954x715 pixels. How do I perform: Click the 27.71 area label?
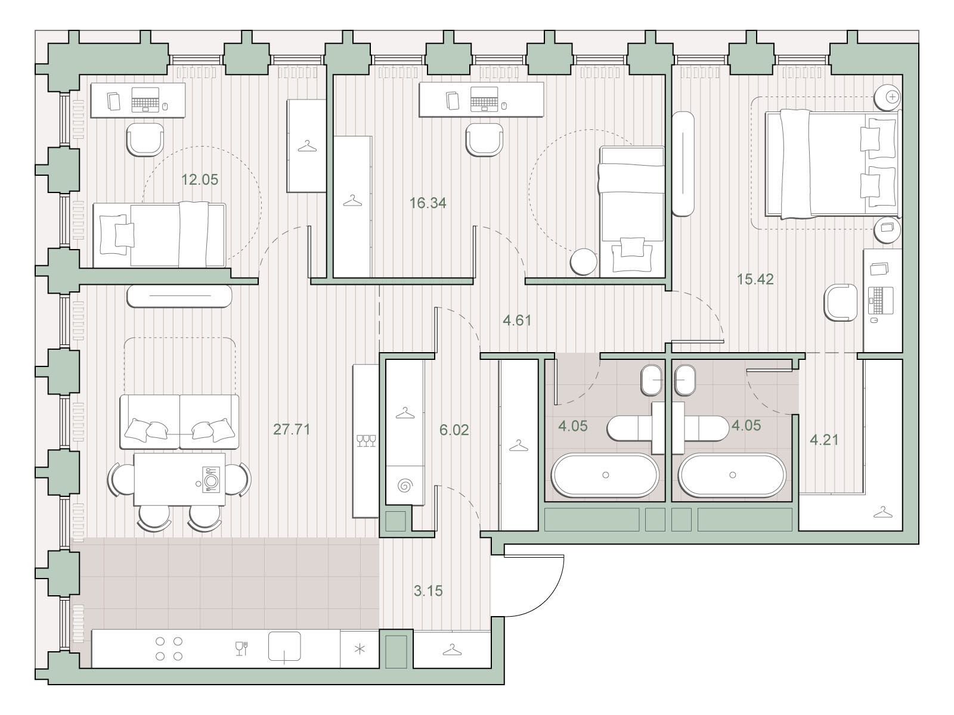[292, 430]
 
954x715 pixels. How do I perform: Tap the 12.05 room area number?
[200, 179]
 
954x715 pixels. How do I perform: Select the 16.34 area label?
[428, 203]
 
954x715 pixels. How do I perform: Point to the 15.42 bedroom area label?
[755, 279]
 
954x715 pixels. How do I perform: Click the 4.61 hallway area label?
[517, 321]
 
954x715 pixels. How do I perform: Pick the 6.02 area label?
[454, 430]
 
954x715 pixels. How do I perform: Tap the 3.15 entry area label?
[428, 591]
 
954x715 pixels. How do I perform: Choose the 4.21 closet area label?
[824, 440]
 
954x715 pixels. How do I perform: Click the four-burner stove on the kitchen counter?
[169, 649]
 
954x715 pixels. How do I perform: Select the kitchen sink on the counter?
[284, 646]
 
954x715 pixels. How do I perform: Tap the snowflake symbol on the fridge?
[360, 649]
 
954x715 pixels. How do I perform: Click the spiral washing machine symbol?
[405, 484]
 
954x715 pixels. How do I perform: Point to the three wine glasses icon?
[366, 441]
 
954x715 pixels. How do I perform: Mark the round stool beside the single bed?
[583, 262]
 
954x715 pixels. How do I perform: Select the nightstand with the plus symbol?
[887, 97]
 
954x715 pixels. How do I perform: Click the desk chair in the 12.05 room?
[145, 139]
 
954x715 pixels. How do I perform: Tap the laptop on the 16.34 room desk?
[484, 99]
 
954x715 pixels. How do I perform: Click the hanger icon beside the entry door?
[452, 650]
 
